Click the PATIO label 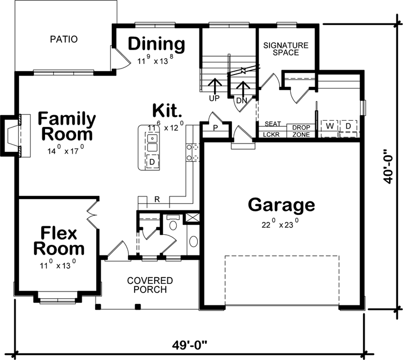coord(63,40)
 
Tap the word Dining coord(156,44)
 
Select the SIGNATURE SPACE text coord(281,48)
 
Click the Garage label coord(281,205)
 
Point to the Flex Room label coord(59,240)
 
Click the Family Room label coord(66,127)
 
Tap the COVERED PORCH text coord(150,285)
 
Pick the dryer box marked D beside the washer coord(349,126)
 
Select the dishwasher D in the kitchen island coord(152,161)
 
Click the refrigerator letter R coord(157,199)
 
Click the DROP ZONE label coord(301,131)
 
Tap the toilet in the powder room coord(173,224)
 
